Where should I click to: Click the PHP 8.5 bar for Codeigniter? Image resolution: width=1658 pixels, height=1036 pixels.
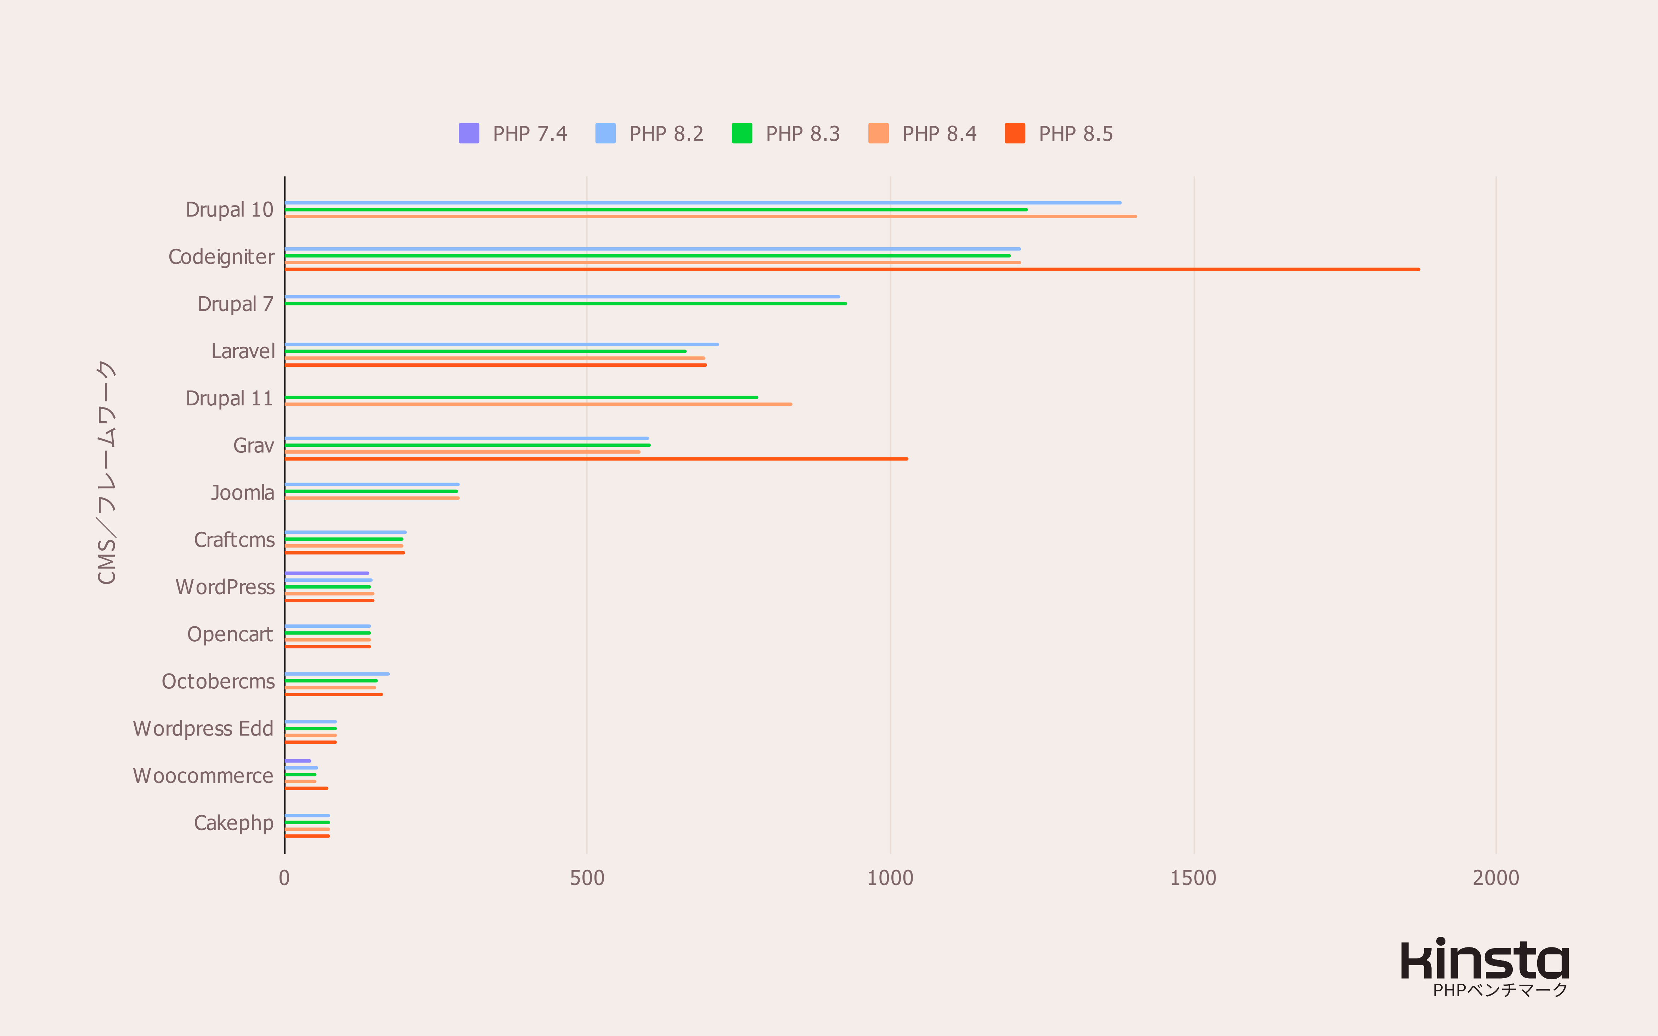pos(852,269)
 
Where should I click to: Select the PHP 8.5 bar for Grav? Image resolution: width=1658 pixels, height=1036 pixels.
pos(596,458)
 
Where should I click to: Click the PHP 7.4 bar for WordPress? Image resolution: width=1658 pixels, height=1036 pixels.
pos(327,573)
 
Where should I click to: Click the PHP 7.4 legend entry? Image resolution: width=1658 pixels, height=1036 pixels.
pos(513,134)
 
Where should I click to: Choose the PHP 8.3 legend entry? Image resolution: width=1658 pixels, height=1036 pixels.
pos(786,134)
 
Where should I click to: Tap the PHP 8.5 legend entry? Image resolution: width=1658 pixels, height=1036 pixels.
pos(1059,134)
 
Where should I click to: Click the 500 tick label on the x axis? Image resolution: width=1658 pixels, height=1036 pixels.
pos(587,878)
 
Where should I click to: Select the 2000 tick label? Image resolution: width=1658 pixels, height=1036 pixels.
pos(1496,878)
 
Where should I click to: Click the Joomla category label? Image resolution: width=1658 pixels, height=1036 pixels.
pos(243,492)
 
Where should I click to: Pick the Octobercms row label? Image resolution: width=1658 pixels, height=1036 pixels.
pos(218,682)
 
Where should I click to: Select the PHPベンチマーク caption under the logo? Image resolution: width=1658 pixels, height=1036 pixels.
pos(1500,990)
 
